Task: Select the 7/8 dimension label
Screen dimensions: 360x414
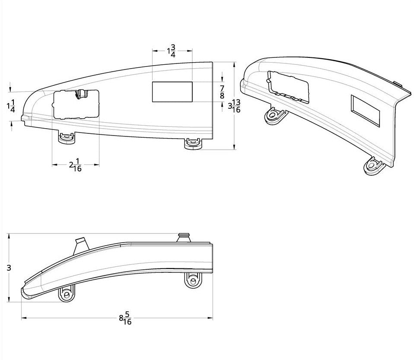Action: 222,92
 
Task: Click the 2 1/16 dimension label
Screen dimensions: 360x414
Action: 75,165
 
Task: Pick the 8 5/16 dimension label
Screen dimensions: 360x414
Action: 125,319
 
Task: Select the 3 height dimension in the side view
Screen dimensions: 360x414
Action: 9,268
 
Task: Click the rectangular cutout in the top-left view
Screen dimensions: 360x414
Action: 172,92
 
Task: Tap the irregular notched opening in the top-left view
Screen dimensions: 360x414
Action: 76,104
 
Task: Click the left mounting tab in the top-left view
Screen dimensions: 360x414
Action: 66,139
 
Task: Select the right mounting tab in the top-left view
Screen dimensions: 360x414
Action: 192,143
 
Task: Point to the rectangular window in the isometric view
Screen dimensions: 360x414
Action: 366,111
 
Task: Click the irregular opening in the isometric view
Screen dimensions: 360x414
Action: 289,87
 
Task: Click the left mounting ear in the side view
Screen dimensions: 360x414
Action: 67,295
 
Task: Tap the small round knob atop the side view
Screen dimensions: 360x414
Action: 184,237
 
